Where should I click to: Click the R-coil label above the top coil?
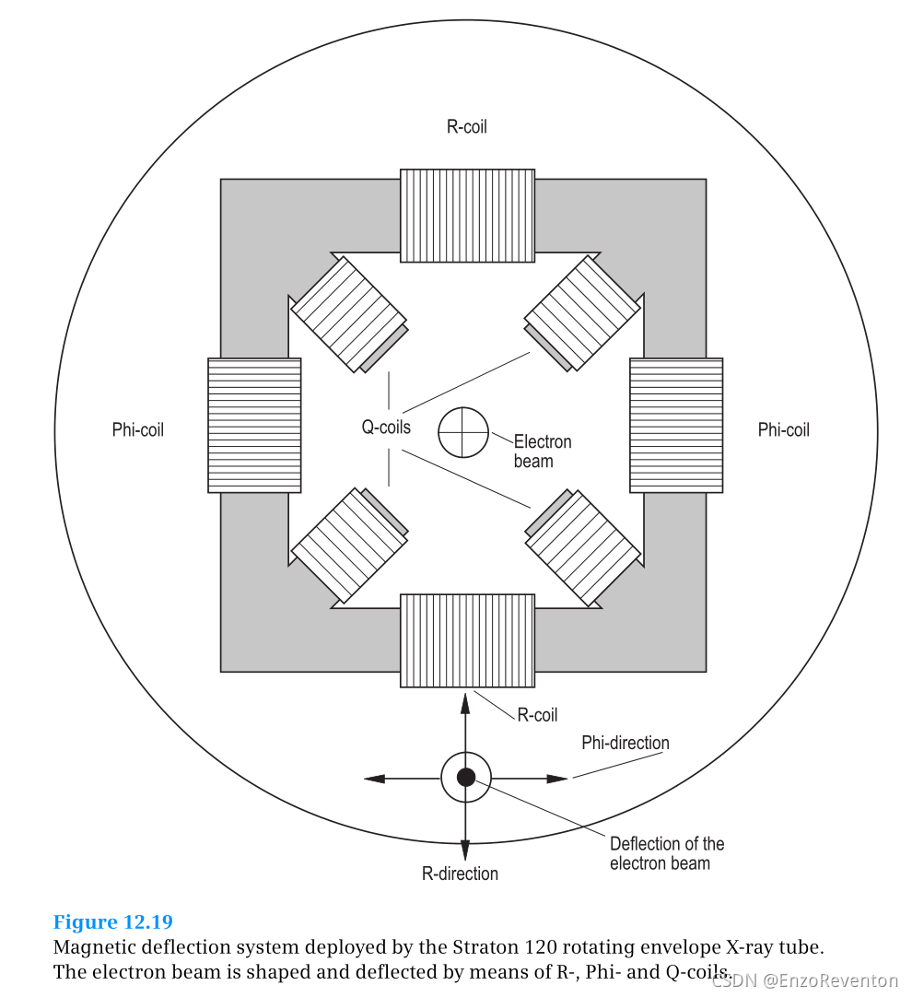[x=466, y=127]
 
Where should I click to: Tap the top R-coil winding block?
[x=467, y=216]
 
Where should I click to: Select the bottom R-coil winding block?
[x=467, y=640]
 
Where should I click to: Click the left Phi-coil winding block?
[x=254, y=425]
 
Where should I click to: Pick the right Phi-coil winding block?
[x=676, y=425]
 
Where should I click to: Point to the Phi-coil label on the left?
[x=138, y=429]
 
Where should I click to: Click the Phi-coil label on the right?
[x=783, y=429]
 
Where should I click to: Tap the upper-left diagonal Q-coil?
[x=348, y=313]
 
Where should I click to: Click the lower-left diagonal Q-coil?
[x=349, y=545]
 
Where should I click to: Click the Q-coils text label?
[x=386, y=428]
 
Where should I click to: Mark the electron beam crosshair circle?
[x=462, y=432]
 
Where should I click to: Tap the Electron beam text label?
[x=542, y=452]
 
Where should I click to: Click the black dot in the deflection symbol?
[x=466, y=777]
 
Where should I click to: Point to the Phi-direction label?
[x=626, y=743]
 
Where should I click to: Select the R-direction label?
[x=460, y=874]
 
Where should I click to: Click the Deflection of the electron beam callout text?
[x=666, y=853]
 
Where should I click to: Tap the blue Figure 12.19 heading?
[x=113, y=922]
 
